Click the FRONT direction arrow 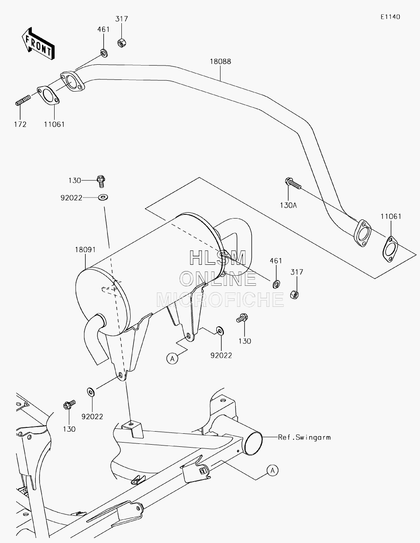(38, 43)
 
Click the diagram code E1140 (390, 17)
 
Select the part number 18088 (220, 61)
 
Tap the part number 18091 (85, 249)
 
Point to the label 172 (20, 124)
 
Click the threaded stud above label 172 (23, 100)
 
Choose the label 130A (289, 205)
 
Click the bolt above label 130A (293, 183)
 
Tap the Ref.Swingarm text (304, 437)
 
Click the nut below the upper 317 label (122, 43)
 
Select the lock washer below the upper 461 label (104, 53)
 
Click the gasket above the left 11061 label (48, 95)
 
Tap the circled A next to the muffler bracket (172, 359)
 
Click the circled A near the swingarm (273, 471)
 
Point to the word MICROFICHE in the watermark (220, 300)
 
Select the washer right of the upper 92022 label (102, 198)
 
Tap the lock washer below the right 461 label (276, 284)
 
